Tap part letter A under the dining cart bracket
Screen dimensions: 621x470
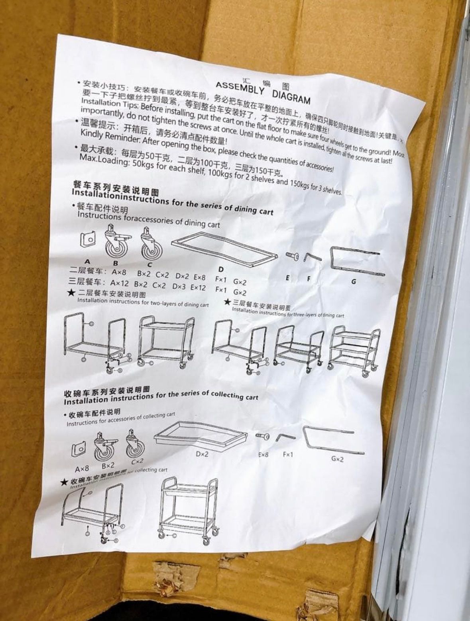pyautogui.click(x=87, y=262)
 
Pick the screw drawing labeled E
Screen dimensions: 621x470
pyautogui.click(x=293, y=256)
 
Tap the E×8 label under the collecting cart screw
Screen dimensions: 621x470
pyautogui.click(x=264, y=454)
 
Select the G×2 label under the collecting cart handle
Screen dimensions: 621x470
pyautogui.click(x=337, y=459)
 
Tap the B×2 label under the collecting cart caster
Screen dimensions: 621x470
pyautogui.click(x=108, y=466)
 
